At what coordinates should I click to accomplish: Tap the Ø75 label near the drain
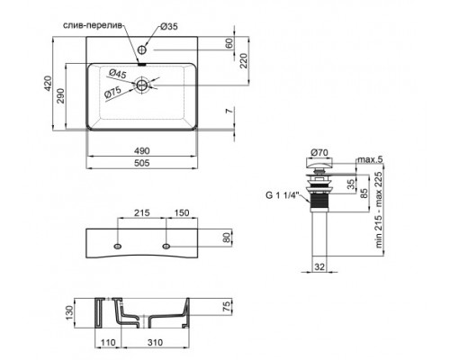pyautogui.click(x=113, y=91)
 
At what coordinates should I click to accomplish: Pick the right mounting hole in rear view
pyautogui.click(x=167, y=245)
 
